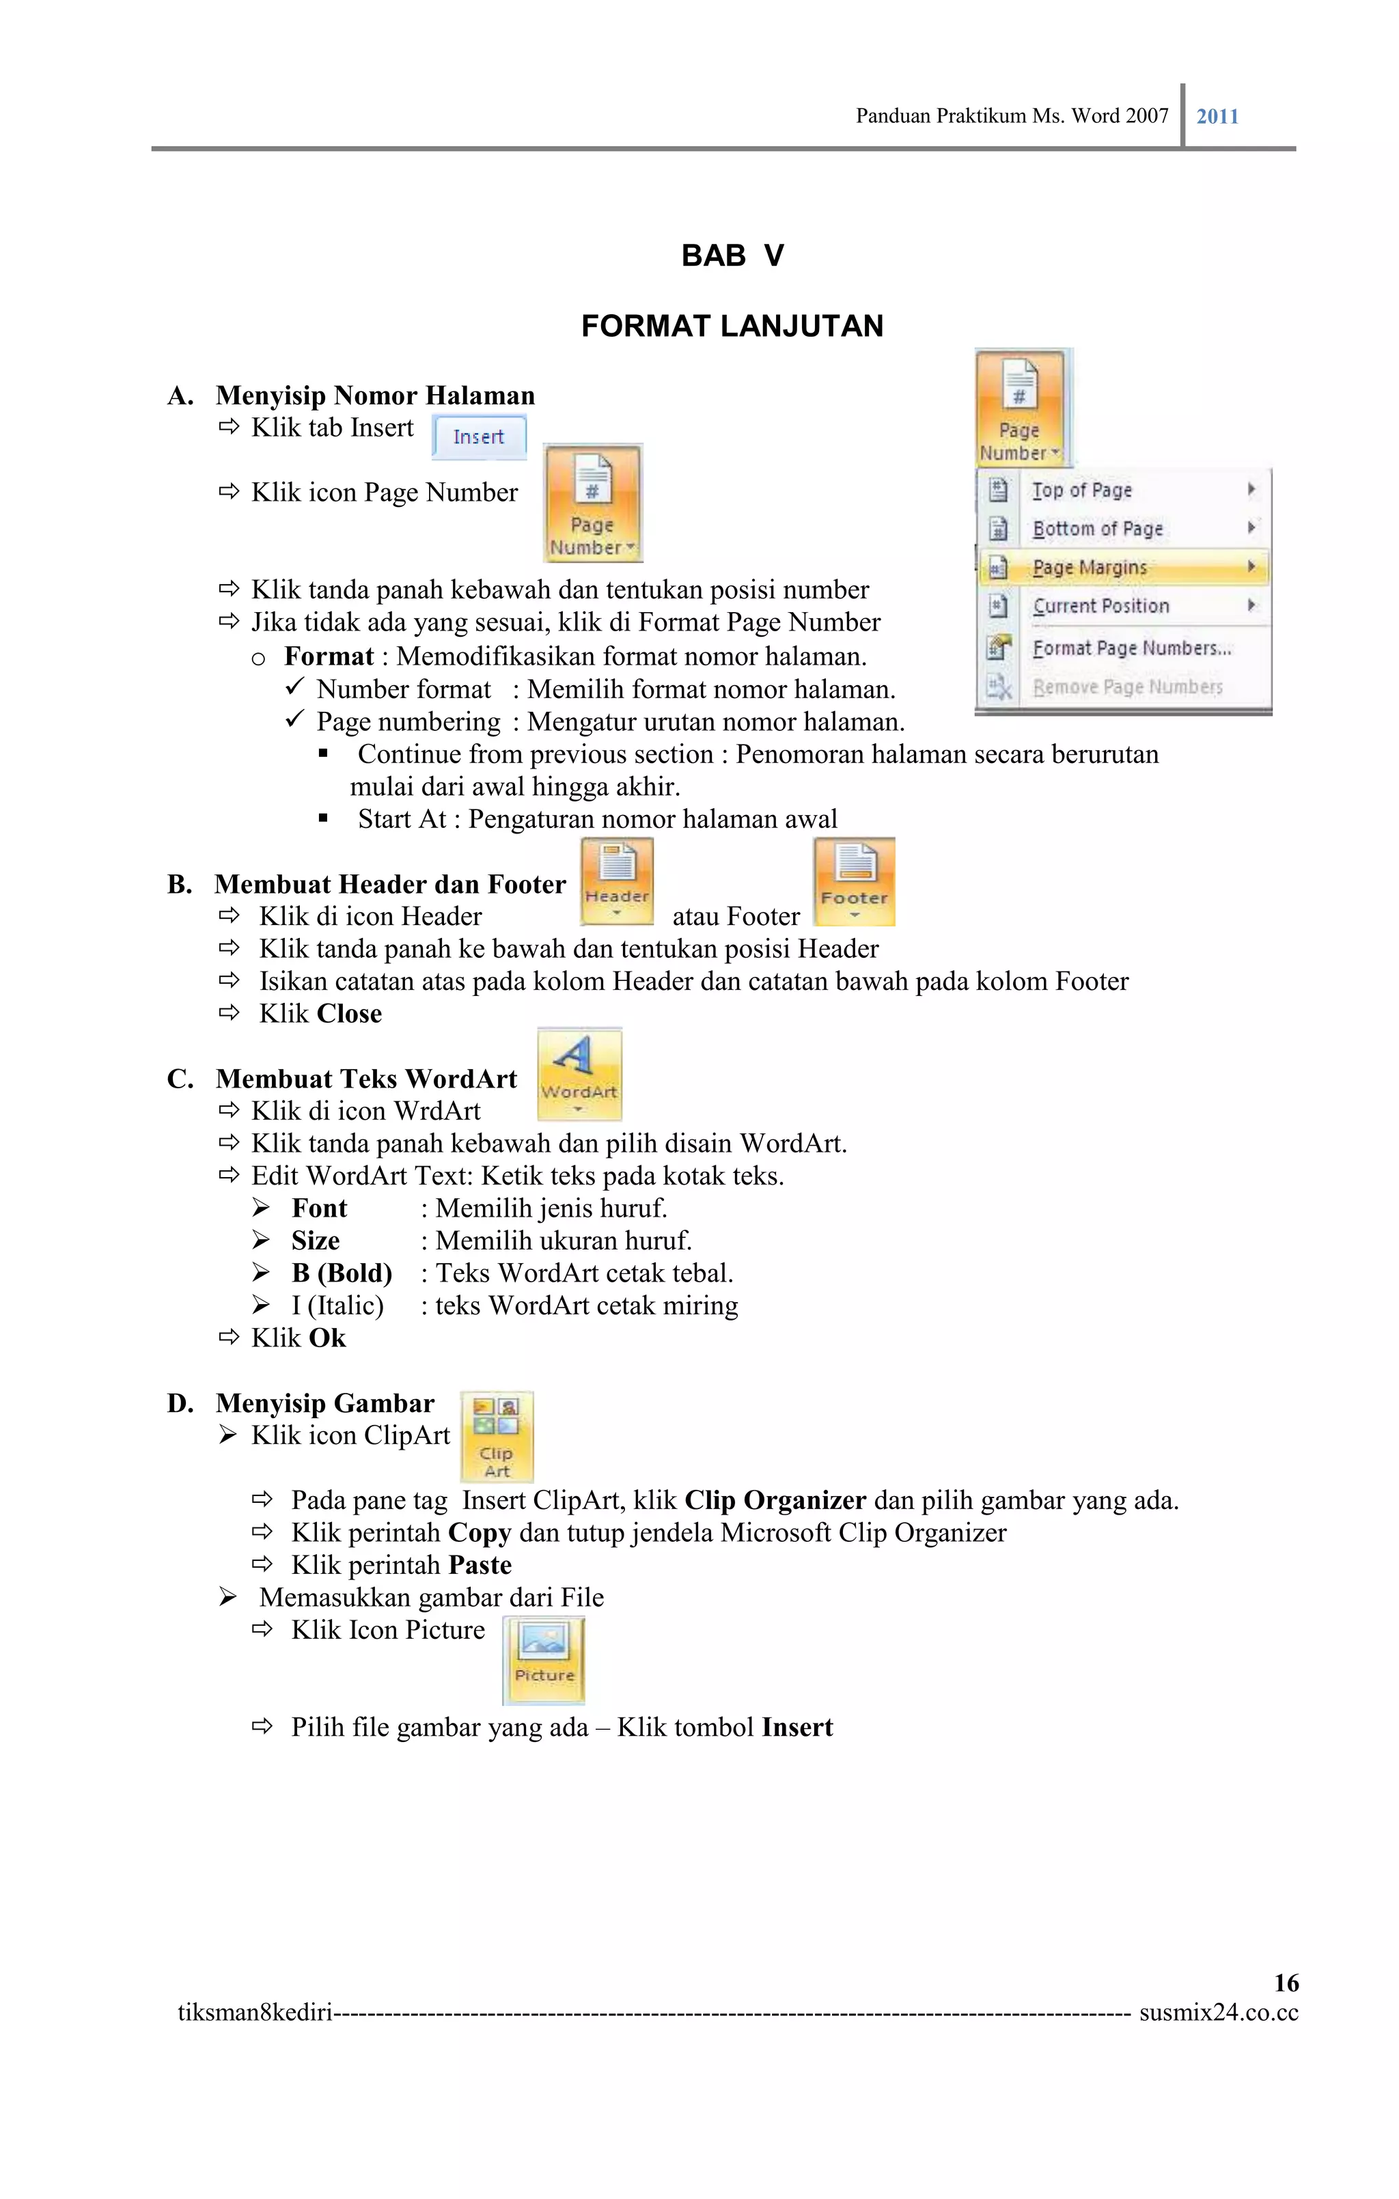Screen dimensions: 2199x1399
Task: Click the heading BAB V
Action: pyautogui.click(x=732, y=255)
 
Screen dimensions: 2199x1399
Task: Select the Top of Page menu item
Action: pyautogui.click(x=1082, y=490)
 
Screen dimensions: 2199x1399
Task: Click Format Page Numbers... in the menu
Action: pyautogui.click(x=1131, y=648)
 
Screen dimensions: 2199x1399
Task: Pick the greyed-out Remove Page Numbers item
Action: pyautogui.click(x=1127, y=687)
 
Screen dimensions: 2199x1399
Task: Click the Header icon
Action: pyautogui.click(x=618, y=881)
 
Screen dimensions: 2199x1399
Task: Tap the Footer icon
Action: pyautogui.click(x=854, y=882)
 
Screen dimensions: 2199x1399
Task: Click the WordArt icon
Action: pyautogui.click(x=579, y=1074)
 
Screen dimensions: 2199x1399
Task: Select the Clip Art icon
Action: pyautogui.click(x=497, y=1435)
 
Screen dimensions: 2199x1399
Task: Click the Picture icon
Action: pyautogui.click(x=544, y=1659)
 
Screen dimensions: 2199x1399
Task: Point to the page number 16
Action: pyautogui.click(x=1286, y=1982)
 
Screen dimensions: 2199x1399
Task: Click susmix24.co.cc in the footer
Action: pyautogui.click(x=1218, y=2013)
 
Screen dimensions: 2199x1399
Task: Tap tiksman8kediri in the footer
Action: pyautogui.click(x=255, y=2013)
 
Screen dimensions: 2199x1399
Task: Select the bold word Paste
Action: pyautogui.click(x=480, y=1565)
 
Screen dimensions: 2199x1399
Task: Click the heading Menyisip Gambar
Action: pyautogui.click(x=325, y=1402)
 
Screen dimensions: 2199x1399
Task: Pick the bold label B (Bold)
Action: pyautogui.click(x=342, y=1273)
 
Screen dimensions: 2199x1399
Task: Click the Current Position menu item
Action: pyautogui.click(x=1100, y=607)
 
